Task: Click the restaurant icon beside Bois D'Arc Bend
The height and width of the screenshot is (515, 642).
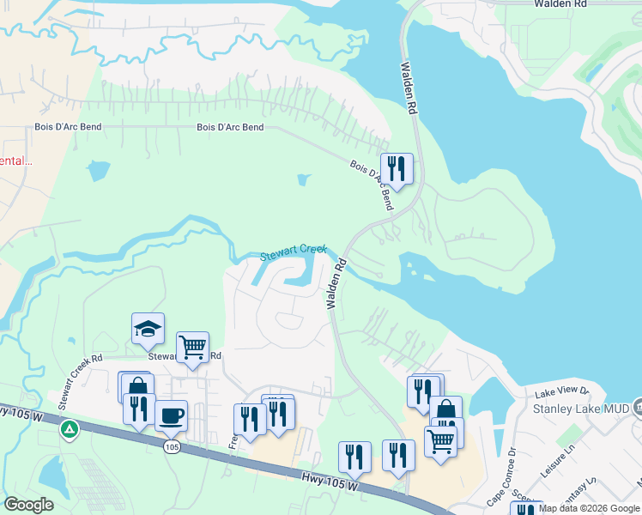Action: pos(397,167)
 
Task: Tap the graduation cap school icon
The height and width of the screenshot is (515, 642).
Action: pos(148,329)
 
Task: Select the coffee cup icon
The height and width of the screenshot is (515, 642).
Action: pos(171,415)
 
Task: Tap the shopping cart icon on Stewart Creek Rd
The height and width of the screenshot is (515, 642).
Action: pos(192,348)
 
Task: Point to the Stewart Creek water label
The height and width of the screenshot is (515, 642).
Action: pos(294,252)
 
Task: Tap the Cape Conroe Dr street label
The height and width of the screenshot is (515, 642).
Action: pos(500,464)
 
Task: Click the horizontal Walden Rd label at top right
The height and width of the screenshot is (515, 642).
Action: pos(560,4)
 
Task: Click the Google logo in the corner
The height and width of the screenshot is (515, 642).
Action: pos(28,504)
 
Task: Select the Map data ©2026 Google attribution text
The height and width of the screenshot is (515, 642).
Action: pos(590,508)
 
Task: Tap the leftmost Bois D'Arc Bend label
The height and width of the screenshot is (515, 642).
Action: pos(69,127)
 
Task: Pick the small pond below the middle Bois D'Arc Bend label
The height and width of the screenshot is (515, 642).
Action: pos(303,180)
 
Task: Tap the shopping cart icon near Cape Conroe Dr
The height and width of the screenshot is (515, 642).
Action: pos(440,441)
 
